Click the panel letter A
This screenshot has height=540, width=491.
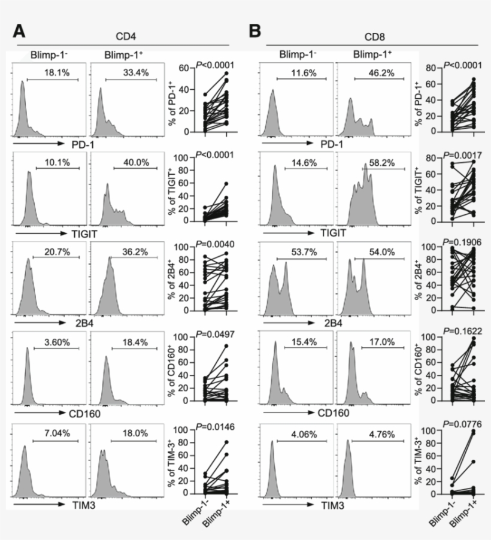tap(22, 31)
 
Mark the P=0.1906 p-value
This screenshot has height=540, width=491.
tap(451, 241)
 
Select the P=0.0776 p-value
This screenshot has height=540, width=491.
tap(451, 424)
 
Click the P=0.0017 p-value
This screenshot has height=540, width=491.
tap(451, 153)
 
